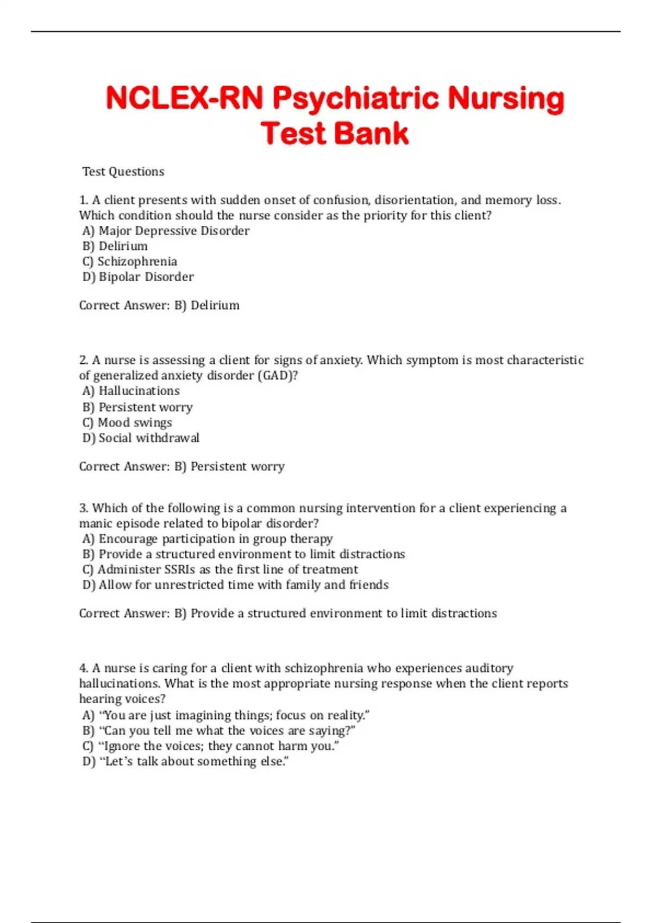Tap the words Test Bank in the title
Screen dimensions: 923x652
click(334, 134)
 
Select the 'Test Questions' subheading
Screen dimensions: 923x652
click(123, 172)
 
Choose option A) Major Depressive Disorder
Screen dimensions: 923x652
click(166, 231)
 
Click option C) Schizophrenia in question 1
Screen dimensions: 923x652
click(130, 262)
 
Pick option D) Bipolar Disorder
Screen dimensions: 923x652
click(138, 277)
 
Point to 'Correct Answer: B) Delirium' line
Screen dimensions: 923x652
click(159, 305)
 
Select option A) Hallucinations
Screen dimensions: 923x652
click(131, 391)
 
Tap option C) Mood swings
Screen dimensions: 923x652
click(127, 422)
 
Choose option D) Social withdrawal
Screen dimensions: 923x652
click(141, 438)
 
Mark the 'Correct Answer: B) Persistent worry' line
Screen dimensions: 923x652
click(182, 466)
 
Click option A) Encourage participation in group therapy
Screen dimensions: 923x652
click(208, 539)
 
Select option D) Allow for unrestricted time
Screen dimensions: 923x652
click(235, 585)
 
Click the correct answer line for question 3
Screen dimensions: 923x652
click(288, 614)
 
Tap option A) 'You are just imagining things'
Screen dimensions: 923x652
click(226, 715)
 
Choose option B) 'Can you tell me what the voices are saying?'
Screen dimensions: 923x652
click(218, 731)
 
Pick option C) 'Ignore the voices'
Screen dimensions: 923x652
click(210, 746)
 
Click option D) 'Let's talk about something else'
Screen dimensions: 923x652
click(185, 761)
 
